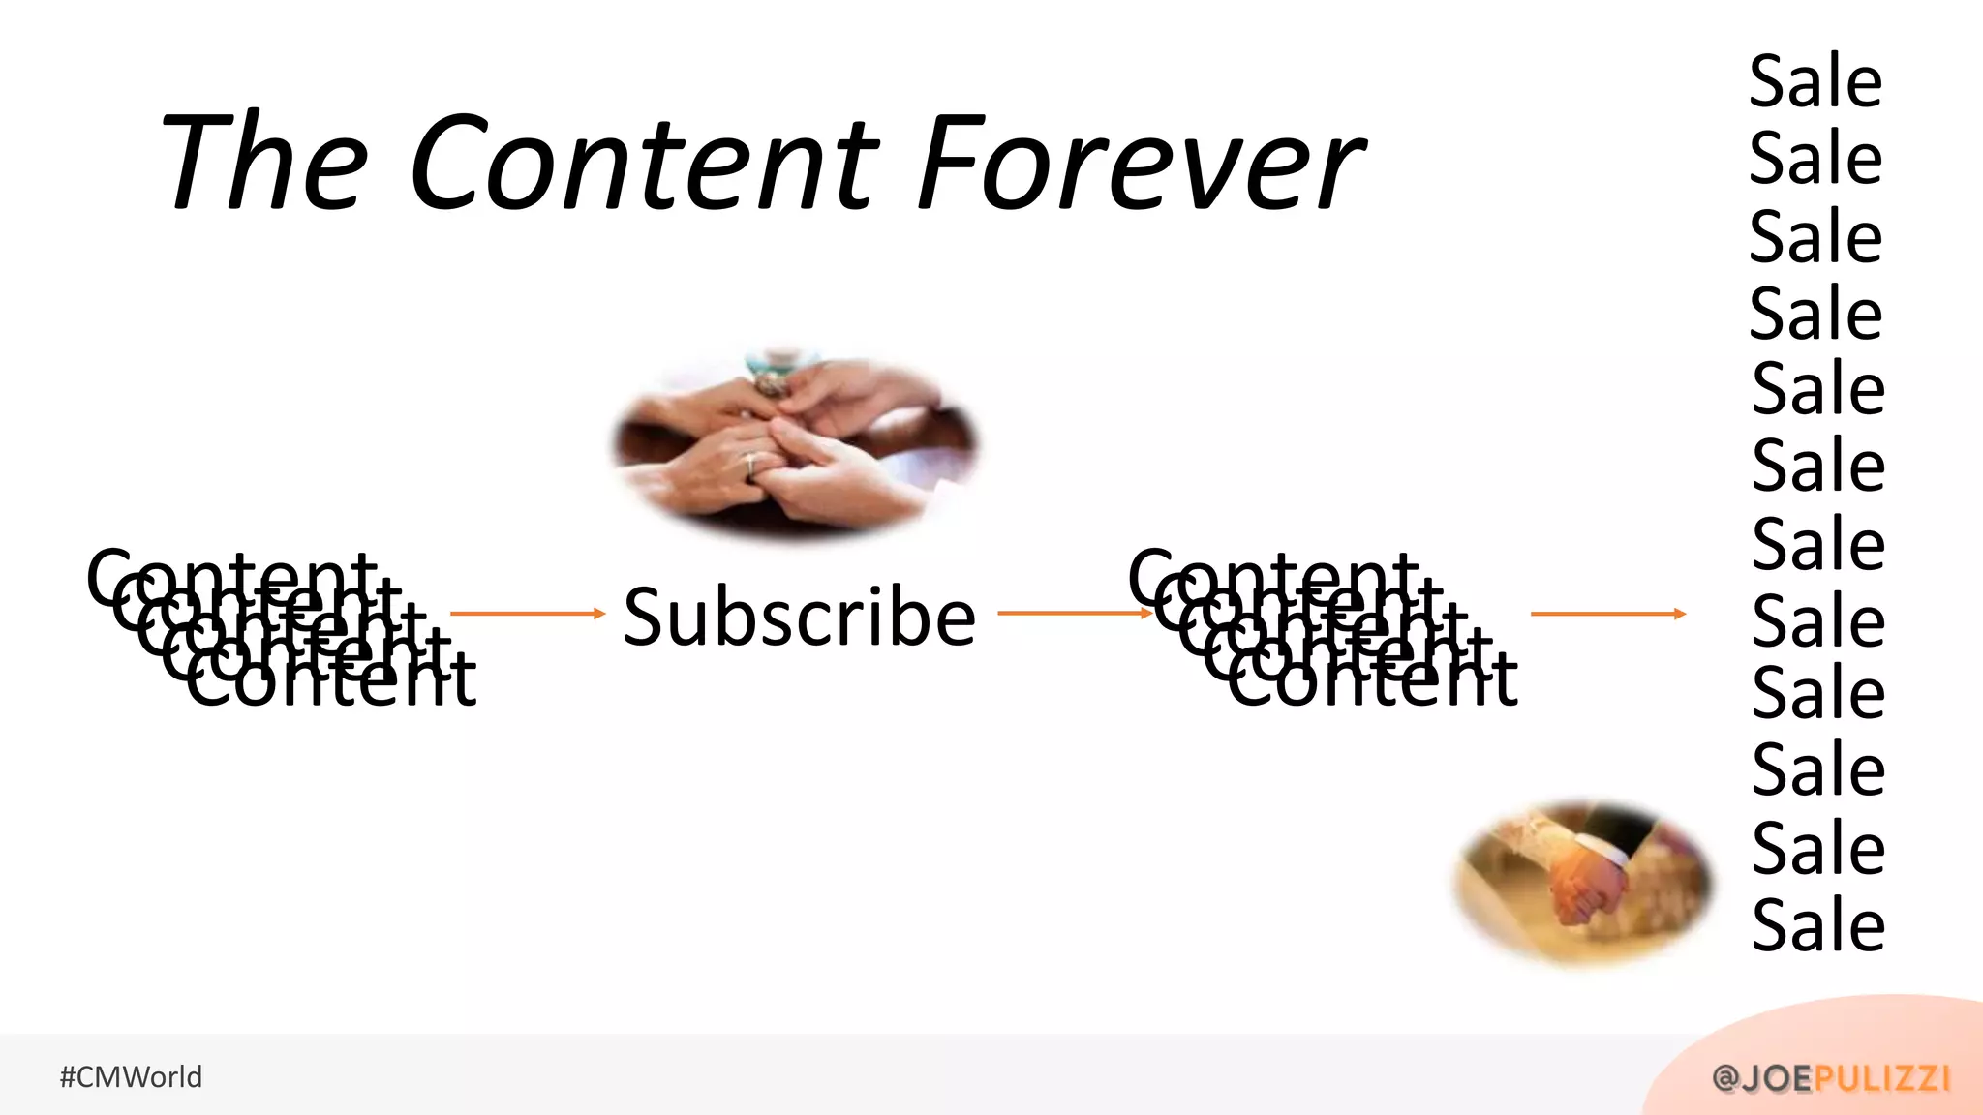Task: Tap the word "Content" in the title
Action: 644,162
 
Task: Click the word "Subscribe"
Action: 799,618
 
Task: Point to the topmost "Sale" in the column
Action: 1815,81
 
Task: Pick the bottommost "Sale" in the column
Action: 1818,925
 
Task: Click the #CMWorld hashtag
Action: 132,1076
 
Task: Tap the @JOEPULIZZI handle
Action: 1831,1077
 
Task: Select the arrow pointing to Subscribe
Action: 528,613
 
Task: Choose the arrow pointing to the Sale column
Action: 1607,613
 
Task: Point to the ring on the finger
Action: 750,466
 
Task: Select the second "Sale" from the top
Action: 1815,159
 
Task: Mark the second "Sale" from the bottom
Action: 1818,848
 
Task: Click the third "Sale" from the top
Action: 1815,237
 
